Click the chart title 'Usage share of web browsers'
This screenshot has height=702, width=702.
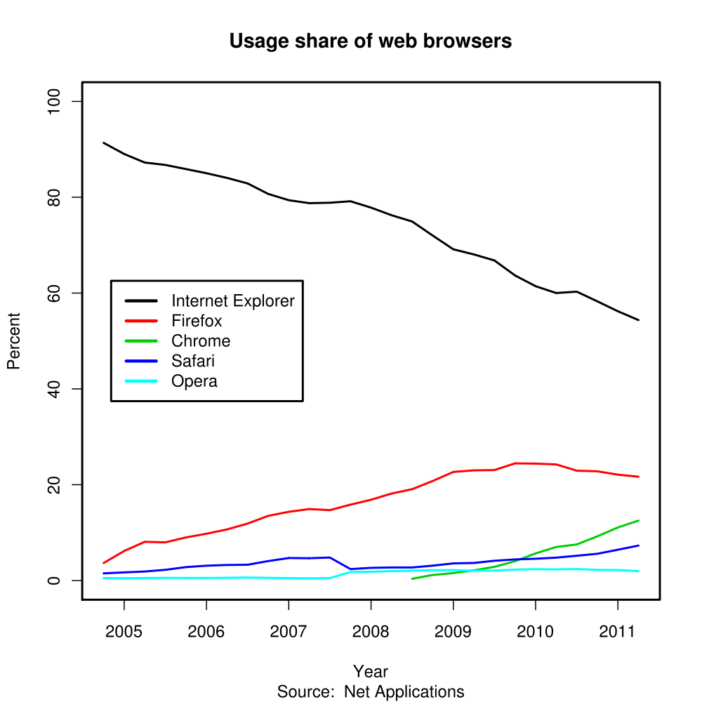[371, 41]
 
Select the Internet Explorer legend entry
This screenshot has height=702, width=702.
[232, 301]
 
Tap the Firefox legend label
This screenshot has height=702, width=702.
[197, 322]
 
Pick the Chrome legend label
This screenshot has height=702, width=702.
[201, 341]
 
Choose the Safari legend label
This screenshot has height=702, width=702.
[193, 362]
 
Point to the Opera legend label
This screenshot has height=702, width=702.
[194, 381]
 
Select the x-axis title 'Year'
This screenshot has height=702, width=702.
[371, 672]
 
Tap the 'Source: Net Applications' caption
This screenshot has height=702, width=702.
[371, 691]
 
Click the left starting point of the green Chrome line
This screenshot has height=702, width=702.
[412, 578]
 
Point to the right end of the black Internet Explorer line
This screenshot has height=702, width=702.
[638, 320]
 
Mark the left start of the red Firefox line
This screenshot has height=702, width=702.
[104, 563]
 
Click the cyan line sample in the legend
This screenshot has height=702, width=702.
[140, 381]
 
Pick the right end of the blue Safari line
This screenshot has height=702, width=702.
[638, 545]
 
